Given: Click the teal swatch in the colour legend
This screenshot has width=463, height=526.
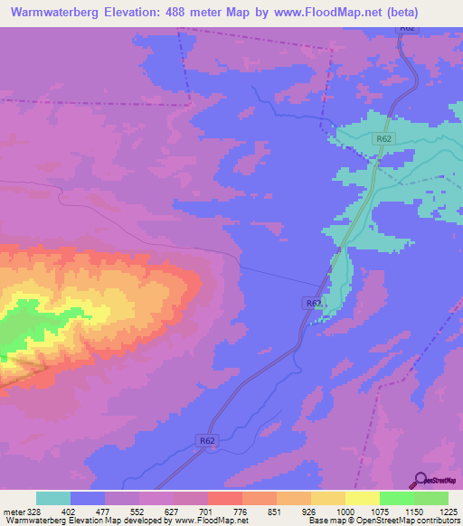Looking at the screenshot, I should tap(53, 498).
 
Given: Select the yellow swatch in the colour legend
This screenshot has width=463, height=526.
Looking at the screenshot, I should tap(363, 498).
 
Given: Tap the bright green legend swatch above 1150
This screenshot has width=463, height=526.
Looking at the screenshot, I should tap(397, 498).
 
